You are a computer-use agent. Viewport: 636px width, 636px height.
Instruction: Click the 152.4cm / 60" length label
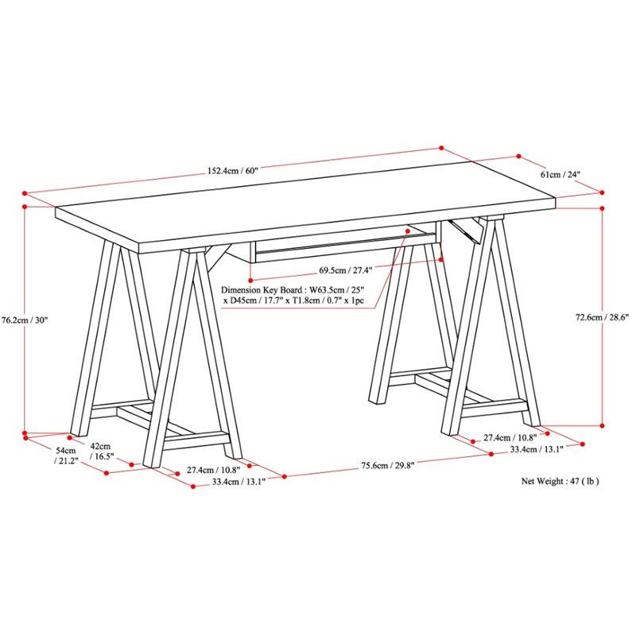pyautogui.click(x=234, y=170)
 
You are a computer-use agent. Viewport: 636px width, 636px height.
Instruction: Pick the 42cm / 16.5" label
pyautogui.click(x=102, y=452)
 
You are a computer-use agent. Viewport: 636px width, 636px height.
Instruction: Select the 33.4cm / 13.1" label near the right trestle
pyautogui.click(x=537, y=449)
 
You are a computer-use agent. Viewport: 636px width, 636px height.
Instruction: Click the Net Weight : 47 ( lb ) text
pyautogui.click(x=560, y=481)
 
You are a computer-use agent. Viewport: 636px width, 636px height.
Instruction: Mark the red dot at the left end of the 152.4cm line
pyautogui.click(x=25, y=192)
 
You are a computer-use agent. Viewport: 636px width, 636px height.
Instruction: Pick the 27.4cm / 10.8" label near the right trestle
pyautogui.click(x=510, y=437)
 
